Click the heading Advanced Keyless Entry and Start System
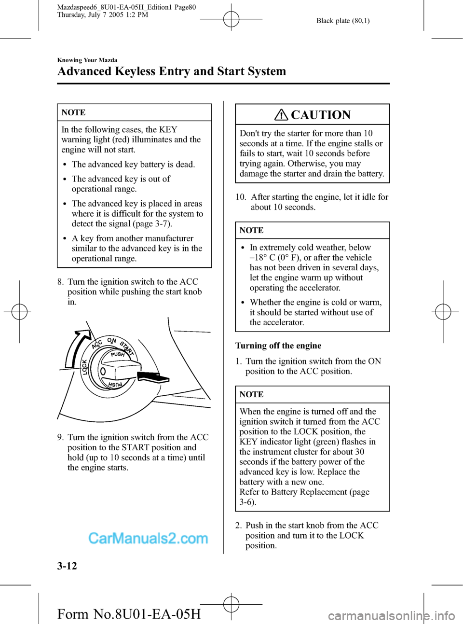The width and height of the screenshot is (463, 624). pos(171,71)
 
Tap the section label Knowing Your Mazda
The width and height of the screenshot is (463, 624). pos(87,60)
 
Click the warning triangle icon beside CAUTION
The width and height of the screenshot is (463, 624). pos(281,115)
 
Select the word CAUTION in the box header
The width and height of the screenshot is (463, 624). pos(321,115)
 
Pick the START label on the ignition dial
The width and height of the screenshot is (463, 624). pos(127,347)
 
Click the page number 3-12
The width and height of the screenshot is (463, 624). pos(67,566)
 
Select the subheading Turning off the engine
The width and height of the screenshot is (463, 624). pos(278,346)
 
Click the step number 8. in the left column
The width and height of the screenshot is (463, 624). pos(61,282)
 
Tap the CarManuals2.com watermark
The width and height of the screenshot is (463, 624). pos(148,538)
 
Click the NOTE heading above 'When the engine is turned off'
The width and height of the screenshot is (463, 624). pos(251,394)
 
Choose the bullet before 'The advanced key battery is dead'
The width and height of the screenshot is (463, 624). pos(65,165)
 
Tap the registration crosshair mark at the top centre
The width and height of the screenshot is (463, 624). pos(231,19)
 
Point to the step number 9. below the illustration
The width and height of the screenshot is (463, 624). pos(61,437)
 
